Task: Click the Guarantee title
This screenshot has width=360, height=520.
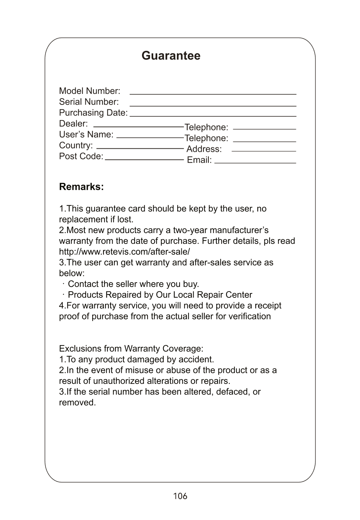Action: tap(171, 56)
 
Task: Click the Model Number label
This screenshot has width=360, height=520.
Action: tap(89, 91)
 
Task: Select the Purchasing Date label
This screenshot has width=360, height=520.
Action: tap(93, 112)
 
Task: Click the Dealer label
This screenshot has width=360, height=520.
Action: tap(73, 123)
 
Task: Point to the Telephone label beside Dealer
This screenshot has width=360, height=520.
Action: tap(206, 127)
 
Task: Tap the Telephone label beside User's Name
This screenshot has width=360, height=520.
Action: tap(206, 138)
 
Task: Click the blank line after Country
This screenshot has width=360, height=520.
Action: tap(140, 148)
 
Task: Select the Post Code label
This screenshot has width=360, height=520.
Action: tap(81, 156)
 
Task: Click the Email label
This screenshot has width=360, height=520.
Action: tap(199, 160)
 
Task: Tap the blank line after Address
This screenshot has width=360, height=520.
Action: tap(264, 151)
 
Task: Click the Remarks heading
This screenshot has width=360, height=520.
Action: tap(81, 187)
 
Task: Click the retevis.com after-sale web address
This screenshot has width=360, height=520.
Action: tap(124, 252)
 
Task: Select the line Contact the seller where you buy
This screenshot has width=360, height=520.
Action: tap(133, 284)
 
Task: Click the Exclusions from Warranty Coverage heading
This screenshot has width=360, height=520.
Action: tap(131, 349)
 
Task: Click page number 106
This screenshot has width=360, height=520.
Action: tap(180, 496)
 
